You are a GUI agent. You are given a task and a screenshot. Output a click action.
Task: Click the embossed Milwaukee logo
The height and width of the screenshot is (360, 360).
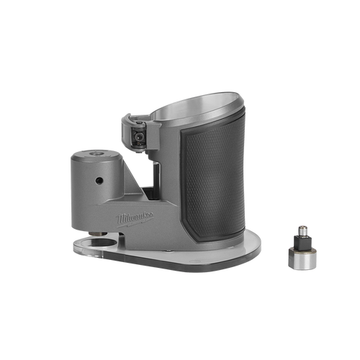coord(135,219)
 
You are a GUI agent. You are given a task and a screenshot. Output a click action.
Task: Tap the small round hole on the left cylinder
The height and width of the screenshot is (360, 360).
coord(99,181)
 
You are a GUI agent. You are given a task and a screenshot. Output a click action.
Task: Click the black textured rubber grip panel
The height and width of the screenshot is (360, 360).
coord(212,181)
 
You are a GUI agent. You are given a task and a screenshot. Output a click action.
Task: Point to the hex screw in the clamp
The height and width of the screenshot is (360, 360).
coord(138,137)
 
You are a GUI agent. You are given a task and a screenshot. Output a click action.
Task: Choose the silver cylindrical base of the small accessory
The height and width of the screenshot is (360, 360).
coord(302,258)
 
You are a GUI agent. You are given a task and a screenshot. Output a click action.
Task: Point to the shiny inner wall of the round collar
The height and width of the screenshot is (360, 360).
coord(192,106)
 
